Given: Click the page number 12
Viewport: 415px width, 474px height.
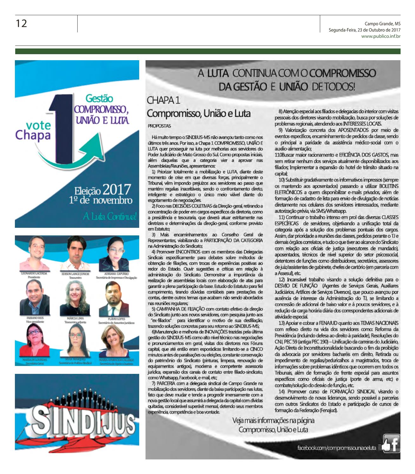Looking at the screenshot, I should (x=22, y=23).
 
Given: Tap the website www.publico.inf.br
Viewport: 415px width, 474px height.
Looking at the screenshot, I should (x=381, y=36).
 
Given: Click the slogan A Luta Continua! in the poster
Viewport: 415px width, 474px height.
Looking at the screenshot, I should (x=109, y=217).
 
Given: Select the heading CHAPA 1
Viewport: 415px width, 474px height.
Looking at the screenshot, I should (x=164, y=100).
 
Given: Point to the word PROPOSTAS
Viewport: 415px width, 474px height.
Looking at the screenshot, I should (x=159, y=126).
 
